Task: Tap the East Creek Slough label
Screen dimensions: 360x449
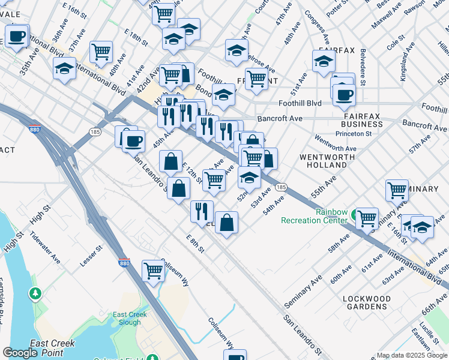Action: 127,318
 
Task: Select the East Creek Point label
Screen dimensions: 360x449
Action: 52,347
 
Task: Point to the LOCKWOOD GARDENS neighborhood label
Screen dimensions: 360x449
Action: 366,302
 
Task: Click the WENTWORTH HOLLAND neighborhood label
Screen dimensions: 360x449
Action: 328,160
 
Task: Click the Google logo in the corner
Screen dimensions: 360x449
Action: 20,353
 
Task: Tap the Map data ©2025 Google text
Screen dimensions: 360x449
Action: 412,355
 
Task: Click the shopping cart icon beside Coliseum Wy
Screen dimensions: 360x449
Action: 153,271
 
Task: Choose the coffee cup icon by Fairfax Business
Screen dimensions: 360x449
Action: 344,94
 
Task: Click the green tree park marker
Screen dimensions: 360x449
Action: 35,294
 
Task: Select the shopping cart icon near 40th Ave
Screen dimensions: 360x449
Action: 101,51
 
